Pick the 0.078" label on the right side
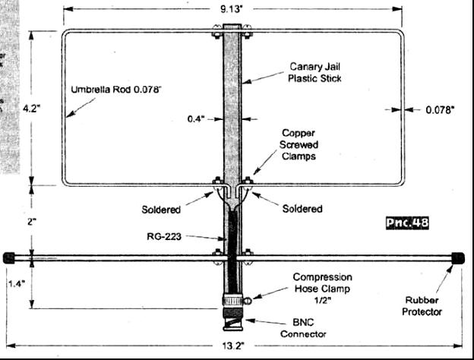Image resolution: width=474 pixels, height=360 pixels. point(438,109)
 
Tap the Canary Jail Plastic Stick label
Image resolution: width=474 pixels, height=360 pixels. point(315,72)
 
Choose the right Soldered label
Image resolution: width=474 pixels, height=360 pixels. point(302,209)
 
